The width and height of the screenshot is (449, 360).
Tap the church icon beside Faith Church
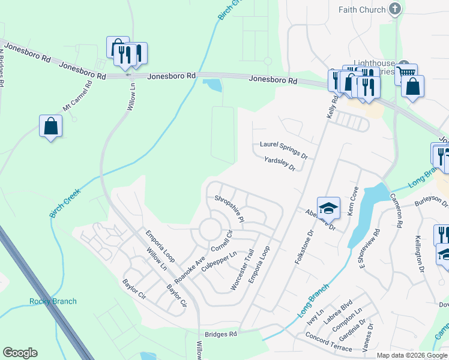tap(394, 8)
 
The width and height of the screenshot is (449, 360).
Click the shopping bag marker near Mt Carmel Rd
tap(50, 127)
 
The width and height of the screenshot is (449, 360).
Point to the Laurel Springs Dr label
tap(283, 148)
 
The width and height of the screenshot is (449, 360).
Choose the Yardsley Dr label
tap(280, 163)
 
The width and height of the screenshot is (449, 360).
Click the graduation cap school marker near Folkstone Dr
tap(328, 209)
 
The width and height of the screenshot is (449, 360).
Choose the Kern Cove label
tap(353, 201)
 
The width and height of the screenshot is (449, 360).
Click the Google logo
tap(20, 353)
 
